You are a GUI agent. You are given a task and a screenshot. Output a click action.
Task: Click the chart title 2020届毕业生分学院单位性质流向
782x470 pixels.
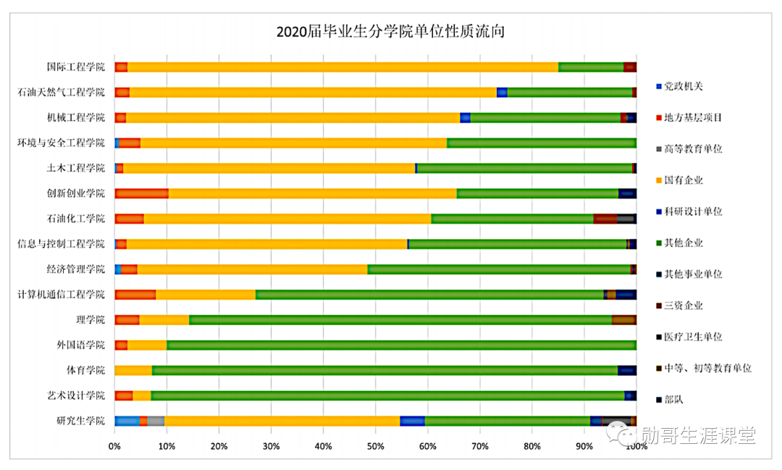pyautogui.click(x=390, y=32)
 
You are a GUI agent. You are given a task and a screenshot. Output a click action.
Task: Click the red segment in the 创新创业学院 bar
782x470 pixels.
pyautogui.click(x=142, y=193)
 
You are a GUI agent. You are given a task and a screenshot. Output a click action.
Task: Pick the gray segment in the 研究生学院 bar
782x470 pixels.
pyautogui.click(x=156, y=421)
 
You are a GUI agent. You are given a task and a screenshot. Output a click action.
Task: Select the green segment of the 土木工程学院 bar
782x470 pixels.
pyautogui.click(x=524, y=168)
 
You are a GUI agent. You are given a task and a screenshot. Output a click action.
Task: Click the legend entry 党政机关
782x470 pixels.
pyautogui.click(x=683, y=86)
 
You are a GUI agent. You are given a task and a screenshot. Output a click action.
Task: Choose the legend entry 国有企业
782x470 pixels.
pyautogui.click(x=683, y=180)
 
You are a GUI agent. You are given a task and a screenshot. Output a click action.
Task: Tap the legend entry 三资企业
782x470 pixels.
pyautogui.click(x=683, y=306)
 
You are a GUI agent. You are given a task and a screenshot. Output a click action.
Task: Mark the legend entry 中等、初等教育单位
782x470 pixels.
pyautogui.click(x=707, y=368)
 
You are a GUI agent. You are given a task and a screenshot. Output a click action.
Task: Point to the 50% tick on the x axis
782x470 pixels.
pyautogui.click(x=375, y=446)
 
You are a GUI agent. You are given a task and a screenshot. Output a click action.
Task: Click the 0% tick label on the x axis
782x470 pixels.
pyautogui.click(x=114, y=446)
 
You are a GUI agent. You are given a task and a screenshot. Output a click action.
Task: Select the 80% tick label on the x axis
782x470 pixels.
pyautogui.click(x=531, y=446)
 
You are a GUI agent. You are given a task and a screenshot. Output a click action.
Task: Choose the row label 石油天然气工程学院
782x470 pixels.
pyautogui.click(x=62, y=93)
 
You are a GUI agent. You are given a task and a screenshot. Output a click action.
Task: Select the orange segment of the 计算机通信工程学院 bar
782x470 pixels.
pyautogui.click(x=206, y=294)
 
